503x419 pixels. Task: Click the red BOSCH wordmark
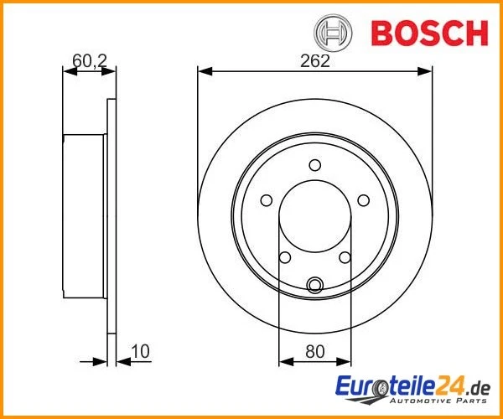pos(428,33)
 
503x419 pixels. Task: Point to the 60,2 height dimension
pos(87,60)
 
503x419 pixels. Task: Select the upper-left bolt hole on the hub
pos(267,200)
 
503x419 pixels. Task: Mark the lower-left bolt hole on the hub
pos(285,257)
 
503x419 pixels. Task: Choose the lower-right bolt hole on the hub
pos(345,257)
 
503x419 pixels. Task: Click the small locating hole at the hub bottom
pos(315,286)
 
